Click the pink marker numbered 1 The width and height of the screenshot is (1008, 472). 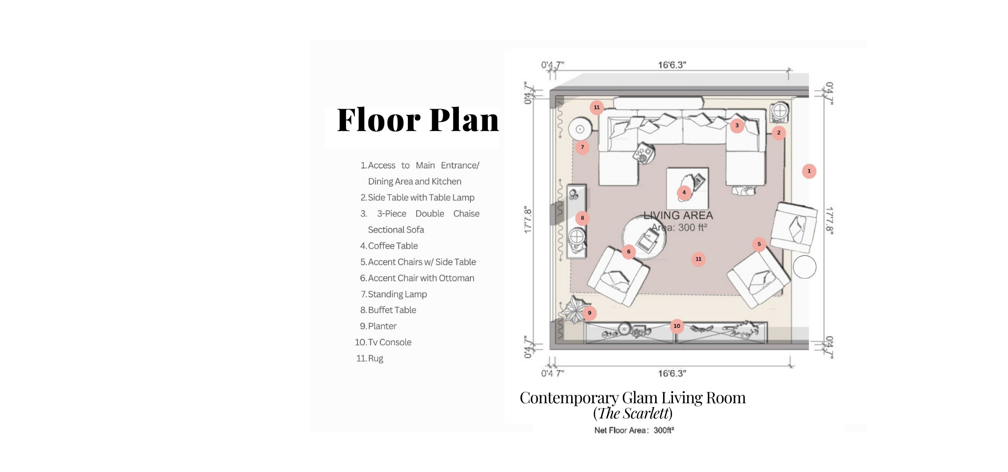pyautogui.click(x=809, y=171)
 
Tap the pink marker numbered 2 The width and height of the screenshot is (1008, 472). pyautogui.click(x=779, y=133)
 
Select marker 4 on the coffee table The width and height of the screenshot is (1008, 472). pyautogui.click(x=684, y=192)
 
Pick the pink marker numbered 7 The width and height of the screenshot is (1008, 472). pyautogui.click(x=582, y=147)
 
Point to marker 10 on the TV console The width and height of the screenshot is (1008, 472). pyautogui.click(x=677, y=326)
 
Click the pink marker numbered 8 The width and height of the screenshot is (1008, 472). pyautogui.click(x=582, y=218)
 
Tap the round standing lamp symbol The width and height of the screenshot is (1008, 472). pyautogui.click(x=580, y=128)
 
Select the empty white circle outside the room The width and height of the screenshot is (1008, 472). pyautogui.click(x=804, y=267)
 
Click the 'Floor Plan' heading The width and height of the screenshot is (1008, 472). pyautogui.click(x=418, y=120)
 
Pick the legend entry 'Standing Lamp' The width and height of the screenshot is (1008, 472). pyautogui.click(x=394, y=294)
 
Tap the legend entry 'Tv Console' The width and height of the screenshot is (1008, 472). pyautogui.click(x=383, y=342)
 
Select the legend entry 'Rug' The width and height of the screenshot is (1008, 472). pyautogui.click(x=370, y=359)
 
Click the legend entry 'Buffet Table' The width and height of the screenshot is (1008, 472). pyautogui.click(x=388, y=310)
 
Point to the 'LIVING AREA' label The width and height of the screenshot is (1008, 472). pyautogui.click(x=678, y=216)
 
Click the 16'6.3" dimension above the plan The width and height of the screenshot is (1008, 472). pyautogui.click(x=672, y=65)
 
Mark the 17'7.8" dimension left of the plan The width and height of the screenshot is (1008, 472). pyautogui.click(x=528, y=220)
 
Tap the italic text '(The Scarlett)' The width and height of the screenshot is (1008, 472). pyautogui.click(x=633, y=414)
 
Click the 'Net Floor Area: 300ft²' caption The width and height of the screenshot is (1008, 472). pyautogui.click(x=634, y=431)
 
